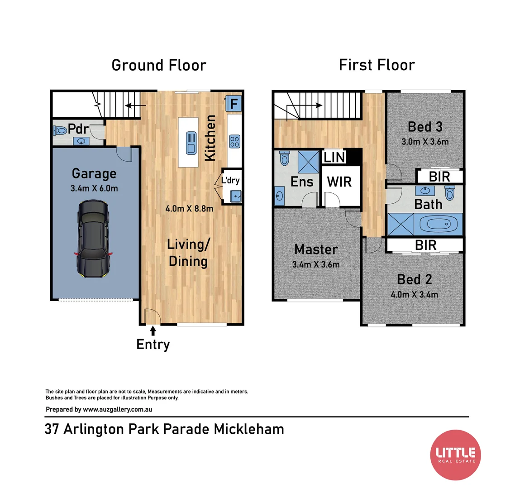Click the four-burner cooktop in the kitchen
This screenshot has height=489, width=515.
click(x=234, y=141)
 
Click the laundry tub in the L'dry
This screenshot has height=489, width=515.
click(x=235, y=196)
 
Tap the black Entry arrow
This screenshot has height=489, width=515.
click(x=153, y=331)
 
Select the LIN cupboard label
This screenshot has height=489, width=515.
click(x=334, y=158)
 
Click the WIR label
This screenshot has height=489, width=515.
click(x=339, y=182)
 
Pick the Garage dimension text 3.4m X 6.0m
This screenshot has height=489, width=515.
click(x=94, y=188)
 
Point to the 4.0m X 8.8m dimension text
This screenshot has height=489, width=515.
click(x=189, y=209)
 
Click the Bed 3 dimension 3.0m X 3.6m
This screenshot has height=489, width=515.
click(x=425, y=142)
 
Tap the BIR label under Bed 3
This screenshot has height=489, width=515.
click(x=439, y=177)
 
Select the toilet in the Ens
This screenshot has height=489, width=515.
click(x=284, y=158)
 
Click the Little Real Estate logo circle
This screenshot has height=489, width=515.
click(x=455, y=455)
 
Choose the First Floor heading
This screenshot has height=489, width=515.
click(x=377, y=65)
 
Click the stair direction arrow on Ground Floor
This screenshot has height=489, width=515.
click(x=132, y=106)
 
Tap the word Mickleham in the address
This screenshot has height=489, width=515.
click(x=249, y=429)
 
